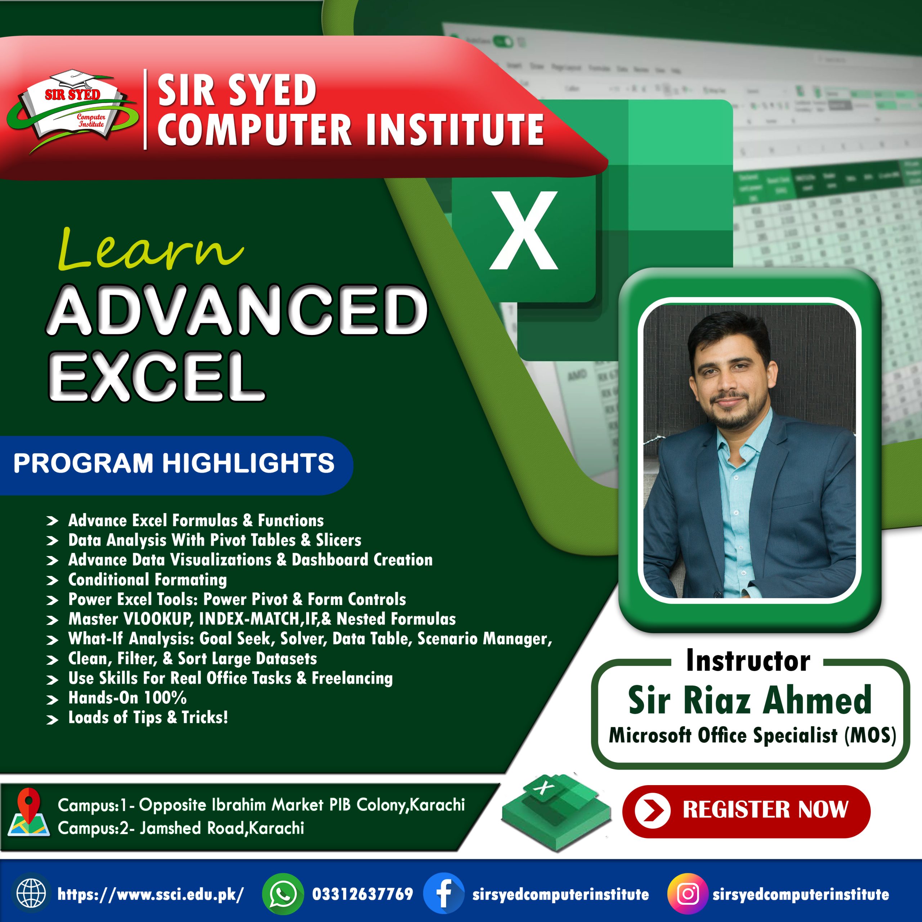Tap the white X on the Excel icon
point(524,230)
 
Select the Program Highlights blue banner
point(174,464)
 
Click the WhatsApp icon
point(282,894)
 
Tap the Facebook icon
point(443,894)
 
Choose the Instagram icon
point(687,894)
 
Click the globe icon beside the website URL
point(31,894)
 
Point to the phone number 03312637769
point(362,894)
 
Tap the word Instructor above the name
point(748,661)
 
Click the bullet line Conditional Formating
point(147,580)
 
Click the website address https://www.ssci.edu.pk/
point(150,894)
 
